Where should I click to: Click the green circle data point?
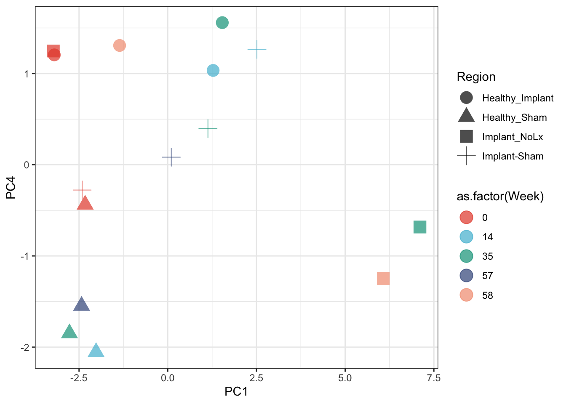(222, 23)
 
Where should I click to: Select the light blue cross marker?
(257, 49)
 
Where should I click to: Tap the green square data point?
(420, 227)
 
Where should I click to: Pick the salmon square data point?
(383, 279)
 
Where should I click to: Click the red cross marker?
(82, 190)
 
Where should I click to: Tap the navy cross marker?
(171, 157)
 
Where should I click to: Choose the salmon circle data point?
(120, 45)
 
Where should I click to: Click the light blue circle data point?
(213, 71)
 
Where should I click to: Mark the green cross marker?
(208, 128)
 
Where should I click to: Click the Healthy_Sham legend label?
(514, 117)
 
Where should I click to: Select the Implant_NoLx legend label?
(513, 137)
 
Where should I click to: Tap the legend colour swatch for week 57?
(467, 276)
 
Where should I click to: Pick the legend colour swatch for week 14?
(467, 237)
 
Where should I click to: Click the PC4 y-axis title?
(11, 188)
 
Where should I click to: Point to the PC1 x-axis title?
(236, 392)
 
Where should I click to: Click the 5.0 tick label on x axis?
(345, 378)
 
